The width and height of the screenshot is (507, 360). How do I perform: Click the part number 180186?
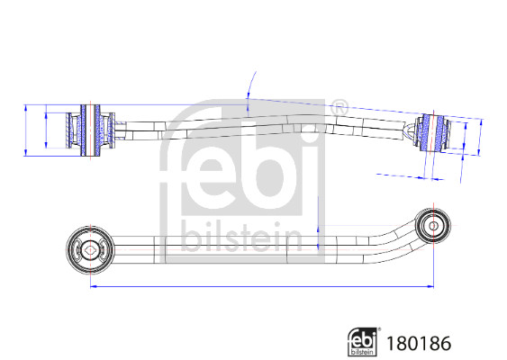417,343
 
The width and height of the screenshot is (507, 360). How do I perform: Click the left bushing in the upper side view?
88,130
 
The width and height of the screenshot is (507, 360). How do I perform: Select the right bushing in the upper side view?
434,135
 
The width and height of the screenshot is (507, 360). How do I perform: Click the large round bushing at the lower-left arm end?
89,247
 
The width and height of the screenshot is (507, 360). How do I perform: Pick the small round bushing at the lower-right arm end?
434,223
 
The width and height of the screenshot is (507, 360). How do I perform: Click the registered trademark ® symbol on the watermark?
339,108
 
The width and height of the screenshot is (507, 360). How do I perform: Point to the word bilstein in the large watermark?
241,237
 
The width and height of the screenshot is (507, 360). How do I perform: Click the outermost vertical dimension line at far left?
26,129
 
